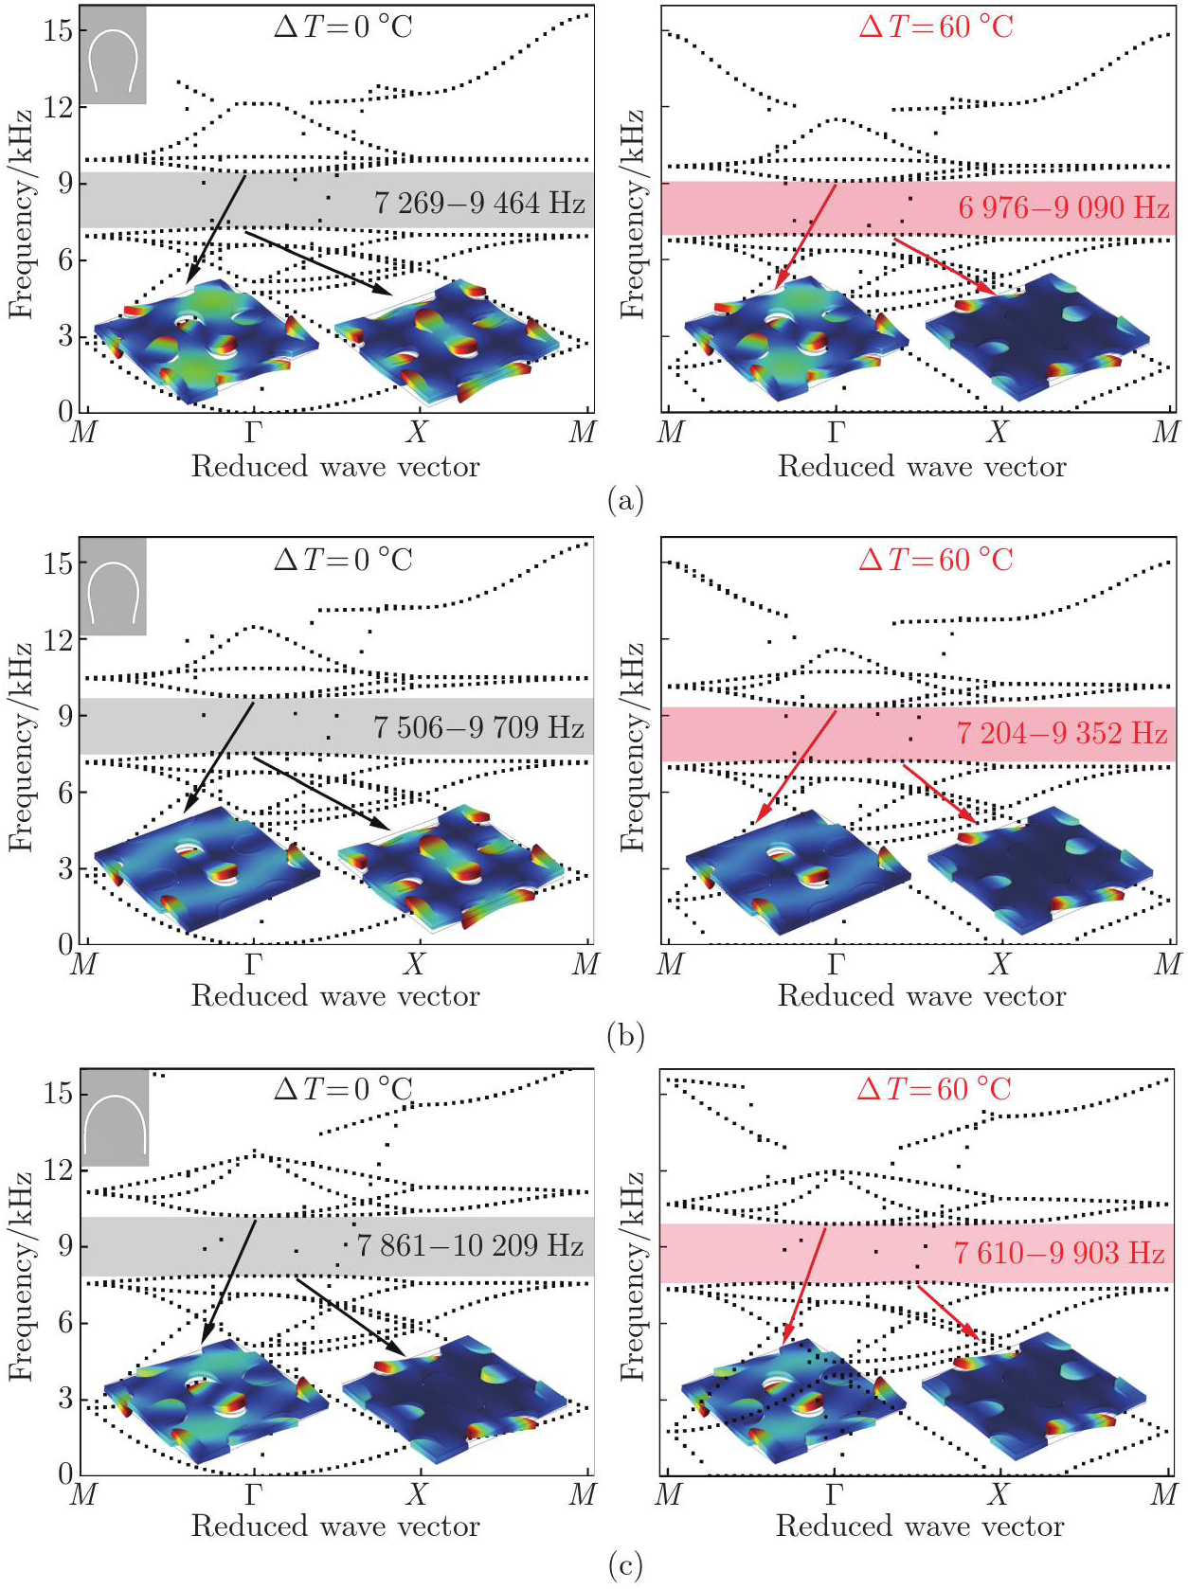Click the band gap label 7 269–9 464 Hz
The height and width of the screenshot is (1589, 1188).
(479, 203)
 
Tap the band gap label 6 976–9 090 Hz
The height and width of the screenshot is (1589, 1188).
(1064, 207)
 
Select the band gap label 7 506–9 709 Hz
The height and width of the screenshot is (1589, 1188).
(478, 727)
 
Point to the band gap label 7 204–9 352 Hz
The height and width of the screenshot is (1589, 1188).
(1062, 733)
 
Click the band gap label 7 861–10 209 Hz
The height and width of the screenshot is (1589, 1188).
(470, 1245)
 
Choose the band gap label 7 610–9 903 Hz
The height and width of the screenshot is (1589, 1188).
(1059, 1253)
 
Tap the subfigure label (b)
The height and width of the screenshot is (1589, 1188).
(625, 1035)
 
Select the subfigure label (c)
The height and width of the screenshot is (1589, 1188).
(625, 1566)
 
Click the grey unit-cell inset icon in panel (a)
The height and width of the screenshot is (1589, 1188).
(113, 55)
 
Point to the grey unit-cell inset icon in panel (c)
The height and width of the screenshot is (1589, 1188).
(115, 1118)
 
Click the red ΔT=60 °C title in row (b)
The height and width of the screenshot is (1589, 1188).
(936, 560)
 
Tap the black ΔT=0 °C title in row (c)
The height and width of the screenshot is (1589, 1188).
(343, 1089)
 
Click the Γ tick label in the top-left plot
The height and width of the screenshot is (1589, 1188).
(254, 433)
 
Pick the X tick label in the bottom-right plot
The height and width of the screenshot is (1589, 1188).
(998, 1495)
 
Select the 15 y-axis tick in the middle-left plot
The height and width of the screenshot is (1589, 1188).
(58, 563)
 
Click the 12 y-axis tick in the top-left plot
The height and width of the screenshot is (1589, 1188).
(58, 107)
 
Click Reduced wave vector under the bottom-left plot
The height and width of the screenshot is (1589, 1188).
(335, 1526)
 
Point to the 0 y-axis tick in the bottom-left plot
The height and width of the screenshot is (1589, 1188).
(65, 1473)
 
